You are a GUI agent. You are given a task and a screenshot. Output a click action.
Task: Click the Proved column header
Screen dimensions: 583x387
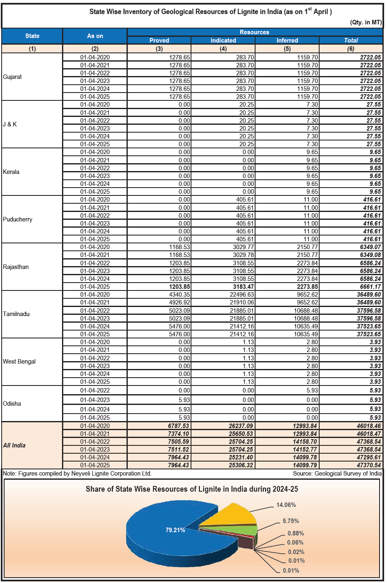click(x=159, y=40)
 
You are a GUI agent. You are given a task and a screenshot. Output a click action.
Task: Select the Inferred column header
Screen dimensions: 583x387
click(x=287, y=40)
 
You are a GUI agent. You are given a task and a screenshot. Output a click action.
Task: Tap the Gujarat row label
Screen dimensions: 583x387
click(x=12, y=77)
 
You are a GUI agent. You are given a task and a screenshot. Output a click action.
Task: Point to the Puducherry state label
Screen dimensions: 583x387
click(x=17, y=219)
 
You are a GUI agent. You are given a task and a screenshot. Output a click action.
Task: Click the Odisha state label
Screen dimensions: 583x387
click(x=12, y=404)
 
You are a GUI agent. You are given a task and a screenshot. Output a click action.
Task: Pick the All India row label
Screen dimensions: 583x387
click(x=14, y=445)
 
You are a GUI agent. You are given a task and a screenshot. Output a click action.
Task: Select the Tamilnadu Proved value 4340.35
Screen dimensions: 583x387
click(x=179, y=295)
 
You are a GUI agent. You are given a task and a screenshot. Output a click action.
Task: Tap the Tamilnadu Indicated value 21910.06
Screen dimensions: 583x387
click(x=242, y=302)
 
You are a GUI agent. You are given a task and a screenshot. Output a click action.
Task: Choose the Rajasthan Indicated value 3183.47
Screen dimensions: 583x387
click(x=243, y=287)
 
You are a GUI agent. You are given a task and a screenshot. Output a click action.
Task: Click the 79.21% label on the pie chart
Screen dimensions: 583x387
click(x=175, y=530)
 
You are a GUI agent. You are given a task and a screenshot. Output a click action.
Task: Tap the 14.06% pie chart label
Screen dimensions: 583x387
click(x=286, y=505)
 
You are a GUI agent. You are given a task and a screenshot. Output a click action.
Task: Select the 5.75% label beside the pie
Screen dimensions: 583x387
click(x=291, y=521)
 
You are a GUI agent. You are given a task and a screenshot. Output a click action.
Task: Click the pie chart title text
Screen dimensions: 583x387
click(x=192, y=489)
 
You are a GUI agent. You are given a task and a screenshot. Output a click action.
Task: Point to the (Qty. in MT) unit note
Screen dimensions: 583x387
click(x=365, y=22)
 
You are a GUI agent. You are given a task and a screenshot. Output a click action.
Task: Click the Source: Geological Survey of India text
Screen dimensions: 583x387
click(x=337, y=474)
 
